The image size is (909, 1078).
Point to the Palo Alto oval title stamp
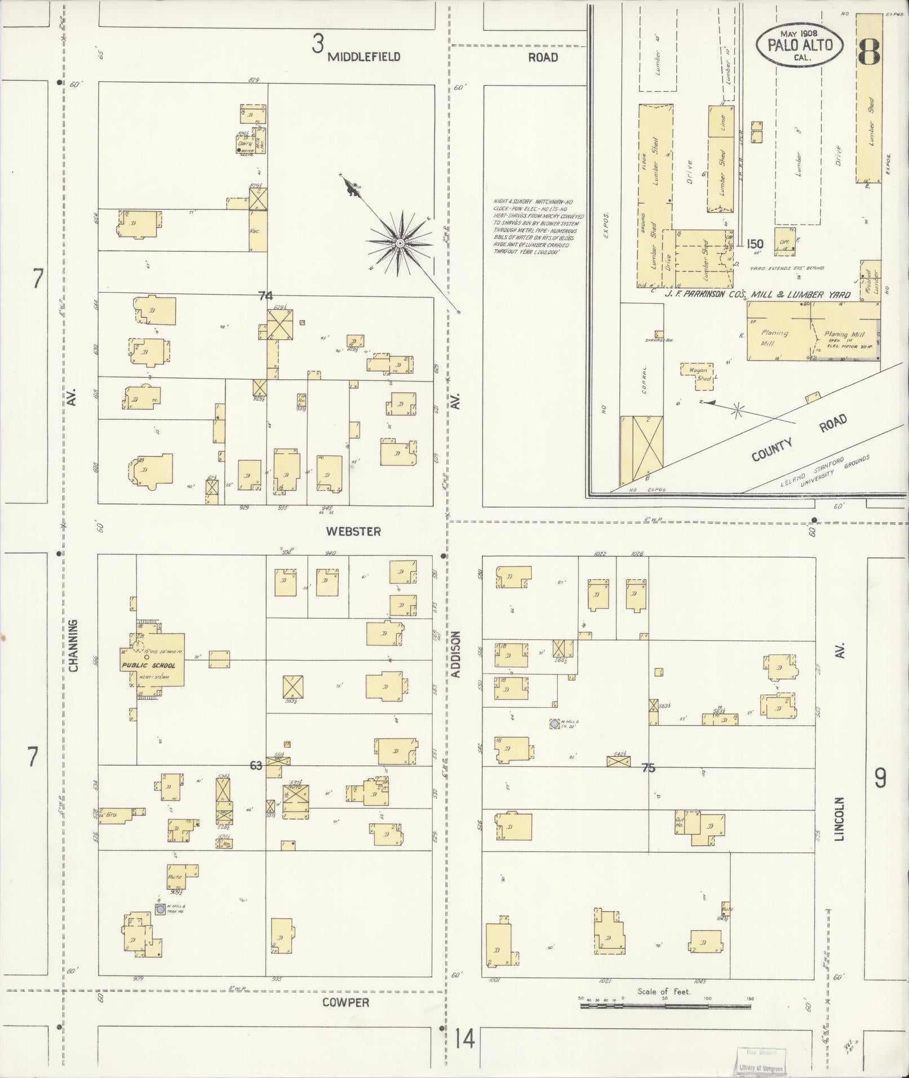tap(800, 46)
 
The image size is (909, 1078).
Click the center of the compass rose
tap(400, 243)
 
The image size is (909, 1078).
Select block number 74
tap(265, 295)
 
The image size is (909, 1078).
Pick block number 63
tap(256, 765)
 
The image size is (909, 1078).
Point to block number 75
tap(649, 767)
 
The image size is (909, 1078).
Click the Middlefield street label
tap(364, 56)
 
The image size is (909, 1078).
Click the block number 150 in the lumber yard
tap(755, 244)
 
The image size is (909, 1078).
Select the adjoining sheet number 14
tap(465, 1039)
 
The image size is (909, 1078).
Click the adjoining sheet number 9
tap(880, 778)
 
